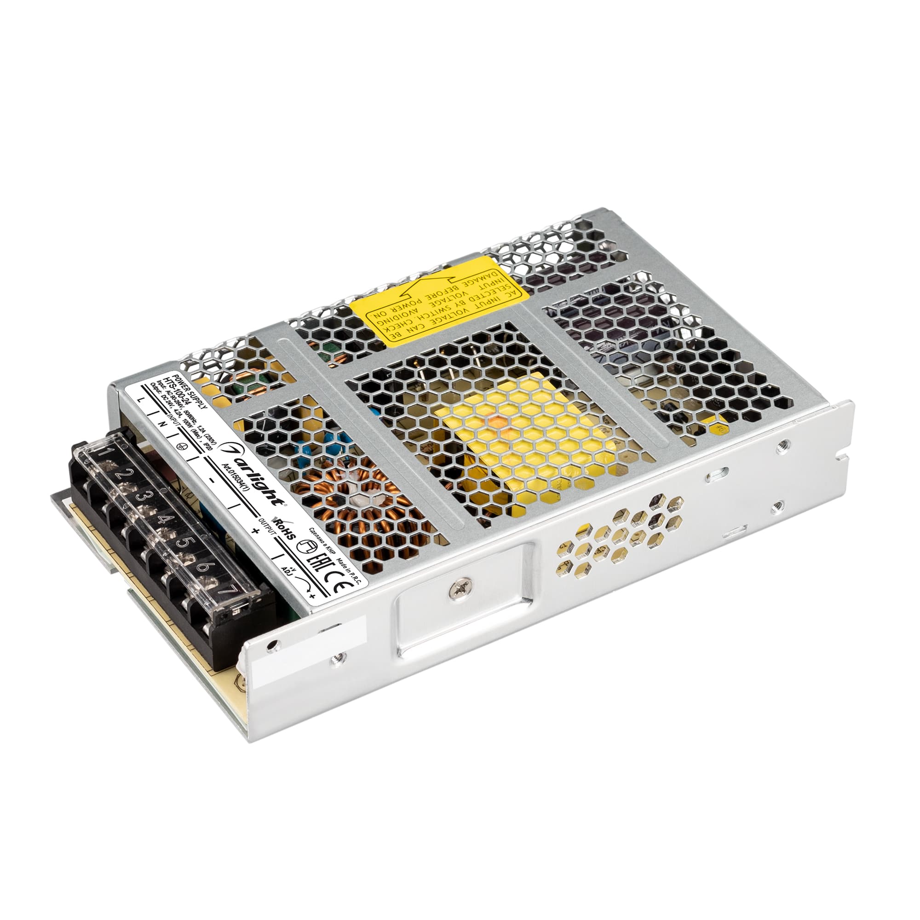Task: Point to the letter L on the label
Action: [139, 400]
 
